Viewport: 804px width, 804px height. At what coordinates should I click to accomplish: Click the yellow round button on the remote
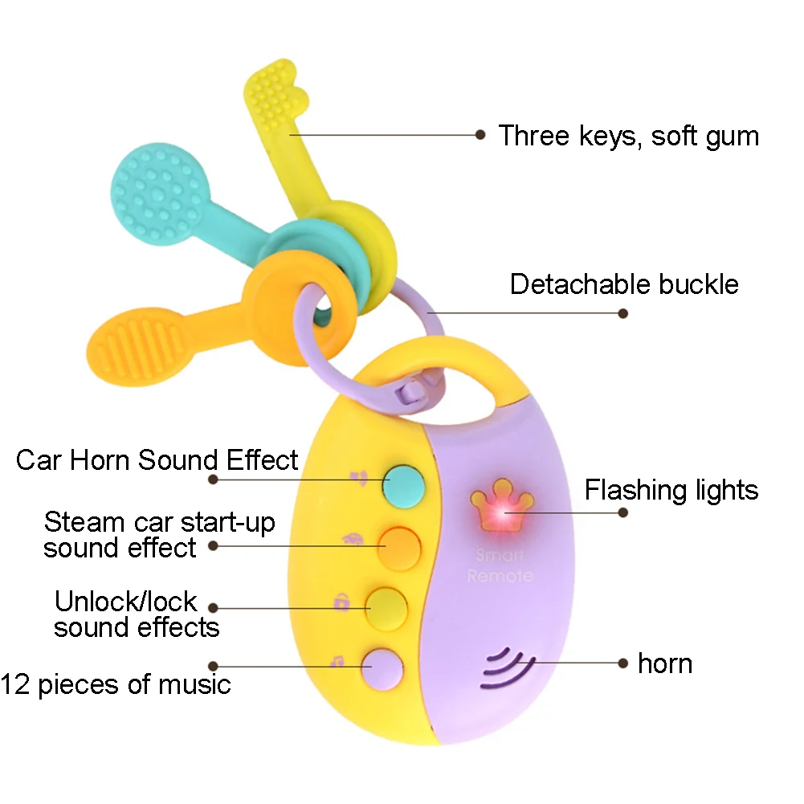(386, 609)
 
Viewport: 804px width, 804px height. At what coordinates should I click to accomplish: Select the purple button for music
(382, 669)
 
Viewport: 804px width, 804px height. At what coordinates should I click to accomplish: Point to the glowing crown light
(502, 506)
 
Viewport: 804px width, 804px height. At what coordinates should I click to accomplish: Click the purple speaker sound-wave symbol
(507, 668)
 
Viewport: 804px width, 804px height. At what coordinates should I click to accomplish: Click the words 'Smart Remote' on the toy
(500, 565)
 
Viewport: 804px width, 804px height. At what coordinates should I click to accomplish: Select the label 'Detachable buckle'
(624, 284)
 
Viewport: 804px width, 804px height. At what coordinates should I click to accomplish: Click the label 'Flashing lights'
(671, 490)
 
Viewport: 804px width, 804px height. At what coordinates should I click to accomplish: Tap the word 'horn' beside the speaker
(665, 663)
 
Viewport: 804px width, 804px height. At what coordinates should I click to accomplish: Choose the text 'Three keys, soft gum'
(629, 136)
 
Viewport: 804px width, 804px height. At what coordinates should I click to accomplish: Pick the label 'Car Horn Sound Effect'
(157, 459)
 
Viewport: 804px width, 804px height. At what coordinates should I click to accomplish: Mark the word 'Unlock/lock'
(125, 601)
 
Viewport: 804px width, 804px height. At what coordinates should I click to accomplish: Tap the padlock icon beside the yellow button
(341, 602)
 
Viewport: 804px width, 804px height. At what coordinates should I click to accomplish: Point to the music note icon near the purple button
(337, 661)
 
